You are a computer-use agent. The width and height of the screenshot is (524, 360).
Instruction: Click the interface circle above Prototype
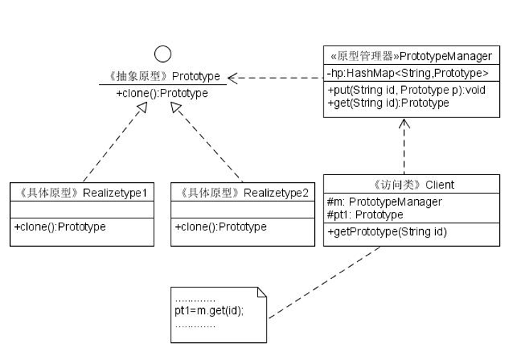163,54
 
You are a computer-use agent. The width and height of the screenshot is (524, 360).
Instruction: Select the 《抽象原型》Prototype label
162,76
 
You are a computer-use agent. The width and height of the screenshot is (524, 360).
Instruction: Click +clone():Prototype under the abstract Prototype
162,93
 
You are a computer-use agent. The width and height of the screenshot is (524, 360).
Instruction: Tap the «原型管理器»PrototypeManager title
411,55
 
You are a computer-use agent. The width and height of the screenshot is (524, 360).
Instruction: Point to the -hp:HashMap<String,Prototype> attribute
408,73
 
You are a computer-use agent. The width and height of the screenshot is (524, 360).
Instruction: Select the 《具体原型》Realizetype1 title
82,192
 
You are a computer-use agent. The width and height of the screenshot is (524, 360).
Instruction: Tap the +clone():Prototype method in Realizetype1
60,227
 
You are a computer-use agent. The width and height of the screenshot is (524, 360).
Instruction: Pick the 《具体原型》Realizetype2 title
243,192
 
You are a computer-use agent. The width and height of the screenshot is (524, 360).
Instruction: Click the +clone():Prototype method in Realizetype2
220,227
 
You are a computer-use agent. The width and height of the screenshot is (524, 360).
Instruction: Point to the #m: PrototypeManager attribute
384,202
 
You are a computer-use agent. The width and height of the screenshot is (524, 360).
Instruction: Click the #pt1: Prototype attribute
365,214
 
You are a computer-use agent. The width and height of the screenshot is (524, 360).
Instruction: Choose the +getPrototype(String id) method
387,232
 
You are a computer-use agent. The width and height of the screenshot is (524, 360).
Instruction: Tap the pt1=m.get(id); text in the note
209,311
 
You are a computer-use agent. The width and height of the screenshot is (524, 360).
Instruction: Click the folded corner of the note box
261,292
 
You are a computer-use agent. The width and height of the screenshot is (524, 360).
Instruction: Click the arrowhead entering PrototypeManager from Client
405,123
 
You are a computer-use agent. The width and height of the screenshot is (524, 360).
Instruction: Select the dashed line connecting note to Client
324,282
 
